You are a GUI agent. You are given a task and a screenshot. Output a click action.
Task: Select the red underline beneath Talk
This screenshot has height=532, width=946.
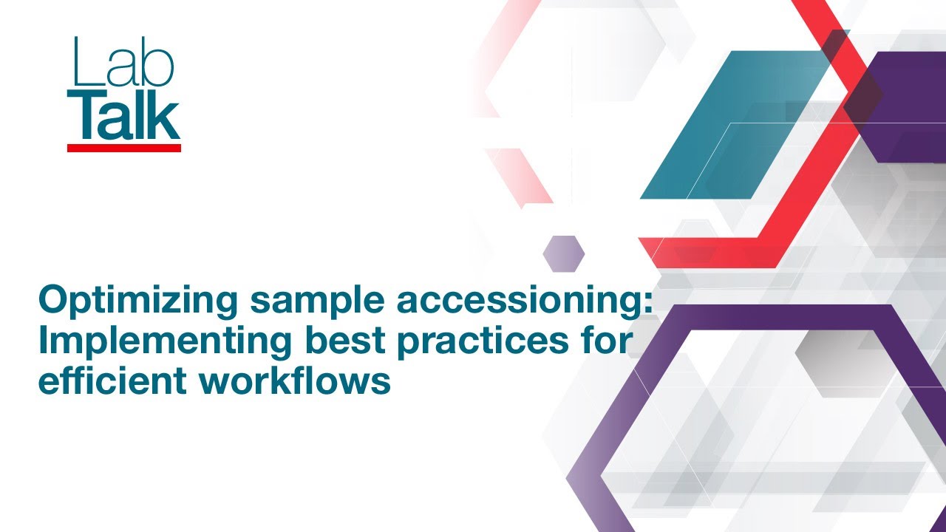coord(124,148)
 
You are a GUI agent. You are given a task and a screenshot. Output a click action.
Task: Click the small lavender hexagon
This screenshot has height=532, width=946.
coord(563,253)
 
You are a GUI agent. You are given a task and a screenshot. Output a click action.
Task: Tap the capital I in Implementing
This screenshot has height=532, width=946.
coord(43,341)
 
